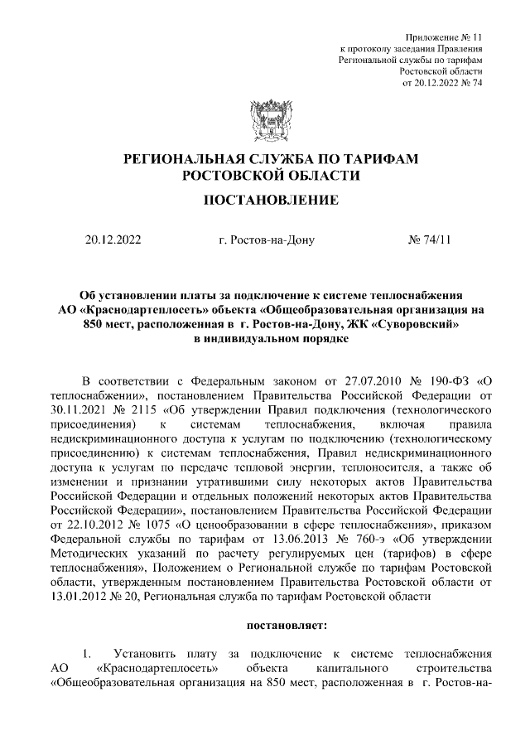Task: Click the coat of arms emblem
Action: pyautogui.click(x=265, y=121)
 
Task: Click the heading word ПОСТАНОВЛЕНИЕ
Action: pyautogui.click(x=265, y=200)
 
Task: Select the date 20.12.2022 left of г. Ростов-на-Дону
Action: pyautogui.click(x=113, y=241)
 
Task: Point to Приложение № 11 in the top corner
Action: pyautogui.click(x=442, y=38)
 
